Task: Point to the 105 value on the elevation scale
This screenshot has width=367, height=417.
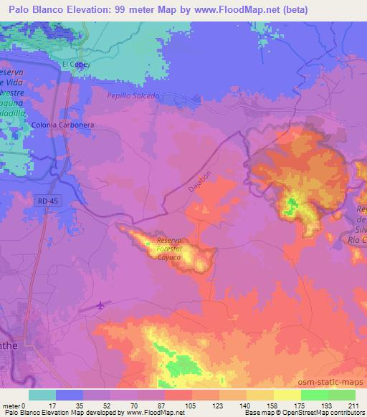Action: point(191,405)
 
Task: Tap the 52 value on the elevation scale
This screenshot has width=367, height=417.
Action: point(109,405)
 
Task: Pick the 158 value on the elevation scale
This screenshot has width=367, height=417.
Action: point(272,405)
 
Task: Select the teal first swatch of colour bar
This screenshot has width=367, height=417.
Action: point(42,395)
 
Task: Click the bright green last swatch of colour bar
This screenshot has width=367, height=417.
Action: point(341,395)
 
